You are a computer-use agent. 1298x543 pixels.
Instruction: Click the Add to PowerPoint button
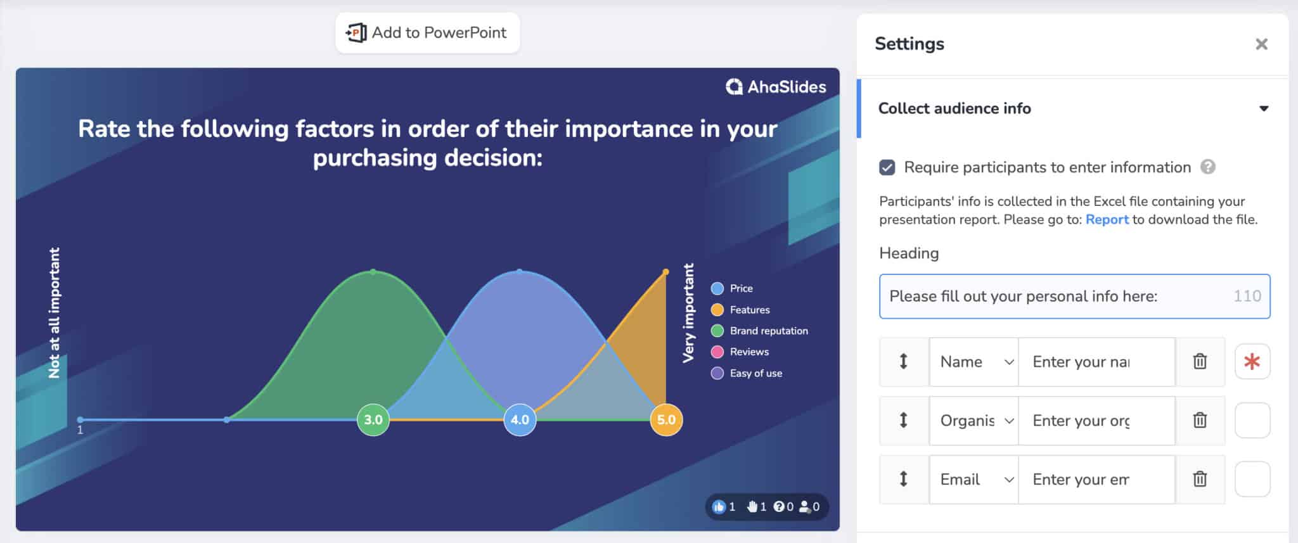pos(427,33)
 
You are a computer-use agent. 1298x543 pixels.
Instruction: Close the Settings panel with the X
pos(1261,44)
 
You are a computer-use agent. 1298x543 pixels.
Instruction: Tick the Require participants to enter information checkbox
pos(887,167)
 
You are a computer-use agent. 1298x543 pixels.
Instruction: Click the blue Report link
pos(1107,220)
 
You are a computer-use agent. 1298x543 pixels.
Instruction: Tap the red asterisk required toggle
pos(1252,362)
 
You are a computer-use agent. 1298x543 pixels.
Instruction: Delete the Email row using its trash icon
pos(1200,479)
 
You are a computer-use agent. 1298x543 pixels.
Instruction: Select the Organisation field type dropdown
pos(974,421)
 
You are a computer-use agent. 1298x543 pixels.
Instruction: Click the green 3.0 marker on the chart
pos(373,419)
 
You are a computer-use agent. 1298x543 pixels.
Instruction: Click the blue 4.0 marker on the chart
pos(520,419)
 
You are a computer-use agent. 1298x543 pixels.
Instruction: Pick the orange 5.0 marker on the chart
pos(666,419)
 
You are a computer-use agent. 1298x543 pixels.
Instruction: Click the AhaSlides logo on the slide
pos(776,87)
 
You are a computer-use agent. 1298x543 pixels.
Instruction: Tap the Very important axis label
pos(688,313)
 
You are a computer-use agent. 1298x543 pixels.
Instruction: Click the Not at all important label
pos(55,313)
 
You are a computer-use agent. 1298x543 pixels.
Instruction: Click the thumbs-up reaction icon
pos(719,507)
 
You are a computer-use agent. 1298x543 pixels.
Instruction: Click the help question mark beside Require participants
pos(1208,167)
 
